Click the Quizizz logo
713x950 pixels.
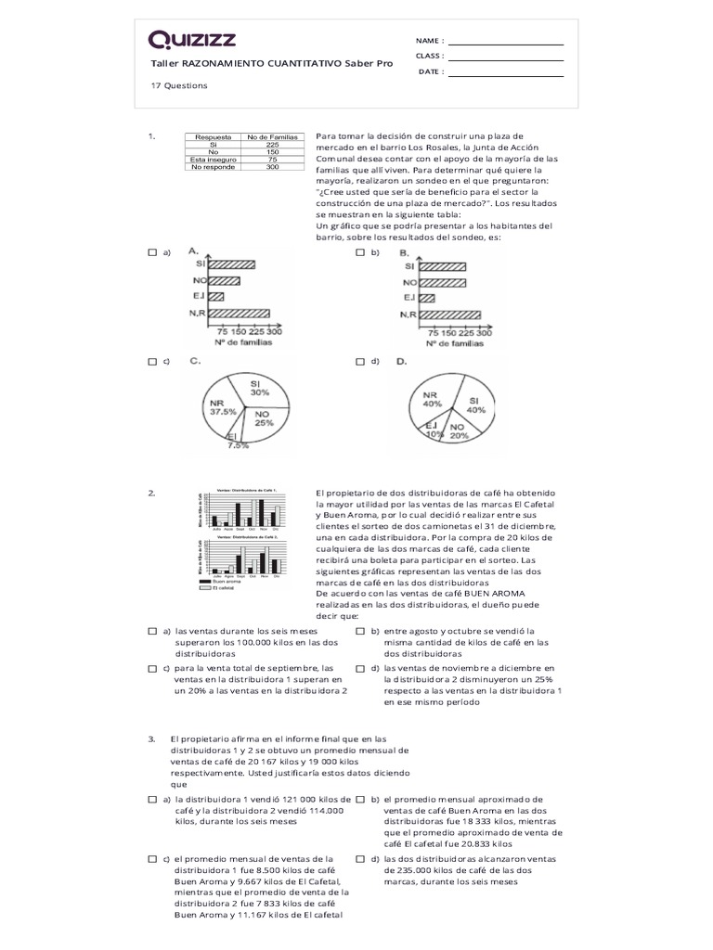[x=192, y=39]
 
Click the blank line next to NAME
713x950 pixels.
[x=505, y=42]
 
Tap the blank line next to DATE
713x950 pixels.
[x=505, y=72]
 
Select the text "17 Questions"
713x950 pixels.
[x=179, y=85]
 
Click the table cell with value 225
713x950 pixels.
[x=272, y=145]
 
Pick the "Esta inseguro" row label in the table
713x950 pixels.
[x=213, y=160]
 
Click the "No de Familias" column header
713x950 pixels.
[x=272, y=137]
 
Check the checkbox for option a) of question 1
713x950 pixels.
[x=152, y=252]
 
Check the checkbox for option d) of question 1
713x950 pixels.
[x=359, y=361]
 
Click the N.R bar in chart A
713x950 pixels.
[x=239, y=314]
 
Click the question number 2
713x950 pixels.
[x=151, y=493]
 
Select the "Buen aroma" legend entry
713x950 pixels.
[x=226, y=582]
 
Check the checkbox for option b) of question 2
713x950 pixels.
[x=359, y=631]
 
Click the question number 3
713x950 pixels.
[x=151, y=738]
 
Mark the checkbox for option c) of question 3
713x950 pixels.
[x=152, y=859]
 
